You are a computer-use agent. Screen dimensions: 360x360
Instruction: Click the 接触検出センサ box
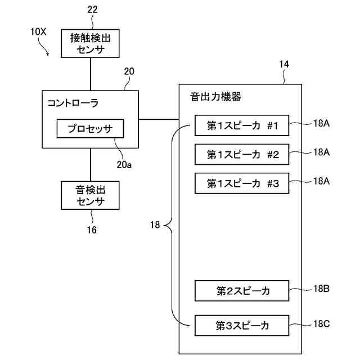91,44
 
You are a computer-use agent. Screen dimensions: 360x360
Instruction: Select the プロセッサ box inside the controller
90,129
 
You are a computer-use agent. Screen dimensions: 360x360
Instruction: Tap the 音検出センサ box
91,195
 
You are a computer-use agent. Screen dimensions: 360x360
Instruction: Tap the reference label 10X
38,32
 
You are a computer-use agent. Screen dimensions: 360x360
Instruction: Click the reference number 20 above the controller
129,71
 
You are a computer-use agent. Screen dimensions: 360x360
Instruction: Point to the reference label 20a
124,165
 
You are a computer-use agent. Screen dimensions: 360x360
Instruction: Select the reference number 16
91,230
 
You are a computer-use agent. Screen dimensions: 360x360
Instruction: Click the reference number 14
284,65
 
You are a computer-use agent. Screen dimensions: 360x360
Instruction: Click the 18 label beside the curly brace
155,226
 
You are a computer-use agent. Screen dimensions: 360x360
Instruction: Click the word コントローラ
73,102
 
